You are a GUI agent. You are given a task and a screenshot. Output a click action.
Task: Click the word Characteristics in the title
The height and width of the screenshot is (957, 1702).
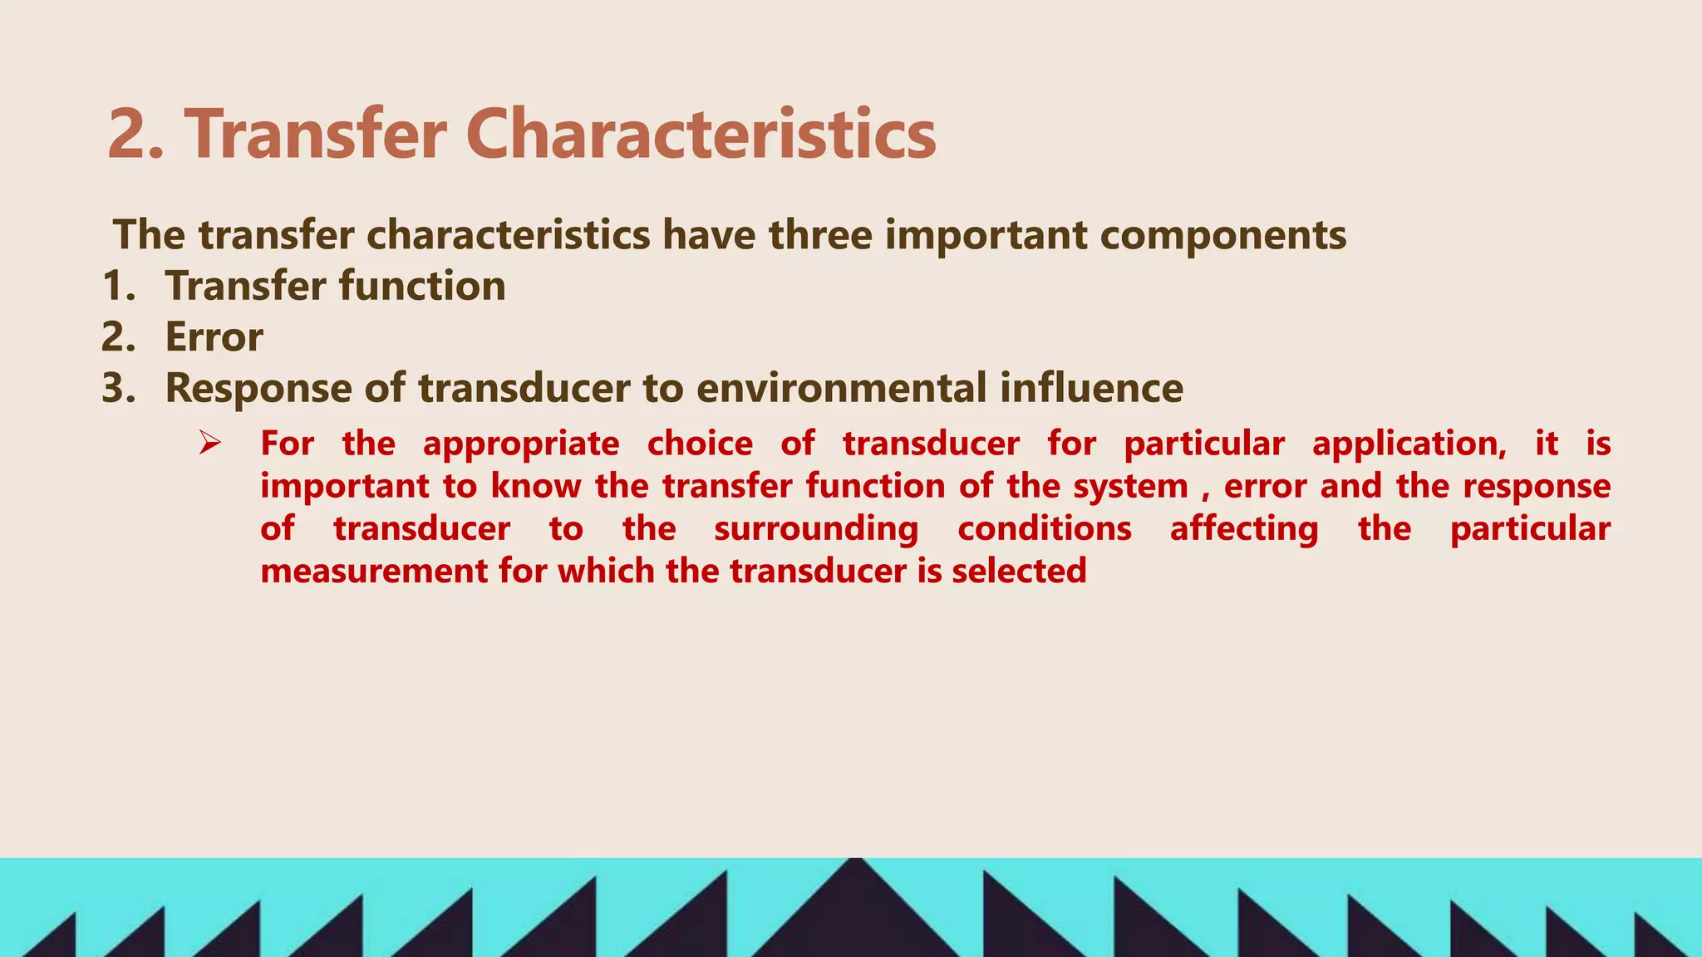coord(701,135)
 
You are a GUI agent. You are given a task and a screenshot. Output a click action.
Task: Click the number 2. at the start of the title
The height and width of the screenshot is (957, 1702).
coord(135,135)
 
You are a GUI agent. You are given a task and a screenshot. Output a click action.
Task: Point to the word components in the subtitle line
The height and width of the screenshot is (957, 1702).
coord(1222,235)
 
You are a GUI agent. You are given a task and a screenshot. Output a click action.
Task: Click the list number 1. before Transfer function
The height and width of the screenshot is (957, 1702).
coord(119,287)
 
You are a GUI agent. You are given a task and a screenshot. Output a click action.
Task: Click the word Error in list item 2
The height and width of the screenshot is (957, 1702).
coord(214,337)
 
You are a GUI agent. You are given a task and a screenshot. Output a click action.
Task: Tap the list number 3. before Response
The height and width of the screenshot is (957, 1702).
coord(119,388)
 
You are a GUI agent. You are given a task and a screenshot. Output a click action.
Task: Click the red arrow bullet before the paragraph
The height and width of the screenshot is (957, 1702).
coord(209,443)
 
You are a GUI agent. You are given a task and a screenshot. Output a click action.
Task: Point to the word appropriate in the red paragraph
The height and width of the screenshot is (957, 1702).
coord(521,444)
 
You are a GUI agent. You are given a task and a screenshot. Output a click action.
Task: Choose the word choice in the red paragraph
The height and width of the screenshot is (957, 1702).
coord(700,444)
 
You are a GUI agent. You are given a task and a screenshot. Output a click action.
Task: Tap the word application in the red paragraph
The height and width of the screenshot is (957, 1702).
coord(1409,444)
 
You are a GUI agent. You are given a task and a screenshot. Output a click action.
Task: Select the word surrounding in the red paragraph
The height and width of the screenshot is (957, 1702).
coord(816,529)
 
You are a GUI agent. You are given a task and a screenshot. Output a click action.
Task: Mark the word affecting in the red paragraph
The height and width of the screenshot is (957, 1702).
coord(1244,529)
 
